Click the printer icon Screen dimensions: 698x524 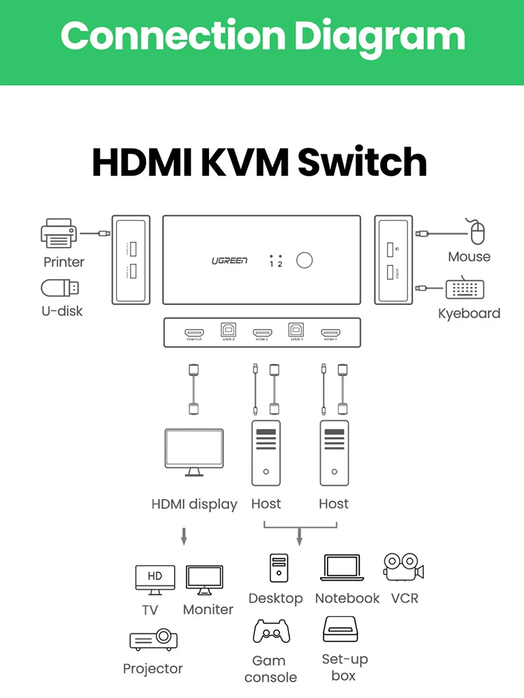point(57,233)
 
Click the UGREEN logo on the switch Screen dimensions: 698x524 point(229,260)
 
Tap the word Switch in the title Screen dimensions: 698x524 point(362,162)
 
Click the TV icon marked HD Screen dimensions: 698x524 point(154,579)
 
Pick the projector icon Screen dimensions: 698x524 point(154,639)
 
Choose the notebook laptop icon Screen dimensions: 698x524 point(342,568)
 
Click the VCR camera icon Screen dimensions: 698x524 point(404,567)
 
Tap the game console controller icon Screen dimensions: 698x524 point(271,632)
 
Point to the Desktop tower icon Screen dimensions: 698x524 point(279,568)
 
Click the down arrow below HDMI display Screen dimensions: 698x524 point(184,536)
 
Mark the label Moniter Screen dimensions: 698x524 point(208,609)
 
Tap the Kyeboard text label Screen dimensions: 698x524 point(469,313)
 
